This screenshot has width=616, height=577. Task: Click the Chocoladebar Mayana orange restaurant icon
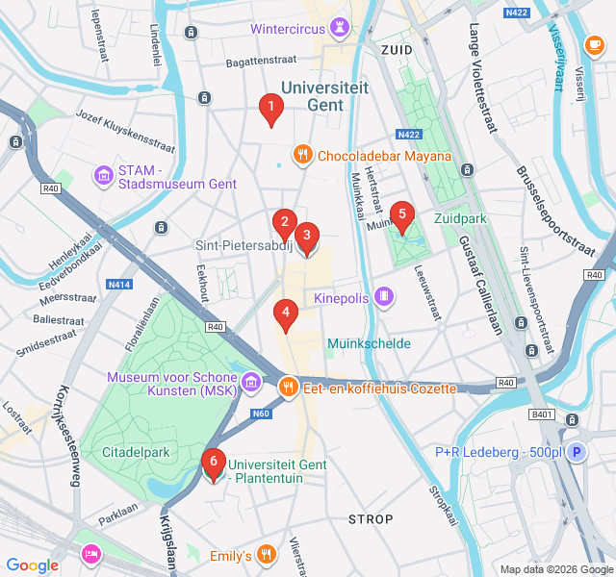302,155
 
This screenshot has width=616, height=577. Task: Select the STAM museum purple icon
103,176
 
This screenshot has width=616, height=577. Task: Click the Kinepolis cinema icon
385,298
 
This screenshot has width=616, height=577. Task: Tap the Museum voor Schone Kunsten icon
251,383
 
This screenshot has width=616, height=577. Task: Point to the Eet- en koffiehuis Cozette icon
287,388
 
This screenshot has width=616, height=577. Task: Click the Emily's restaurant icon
267,555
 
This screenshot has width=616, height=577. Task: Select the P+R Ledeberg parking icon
576,452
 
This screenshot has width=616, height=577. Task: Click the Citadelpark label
138,451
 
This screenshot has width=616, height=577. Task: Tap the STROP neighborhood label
371,519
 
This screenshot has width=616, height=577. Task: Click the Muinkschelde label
368,343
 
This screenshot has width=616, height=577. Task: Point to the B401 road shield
542,414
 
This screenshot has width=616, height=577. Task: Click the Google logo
33,565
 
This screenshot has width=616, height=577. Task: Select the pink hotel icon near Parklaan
91,554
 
